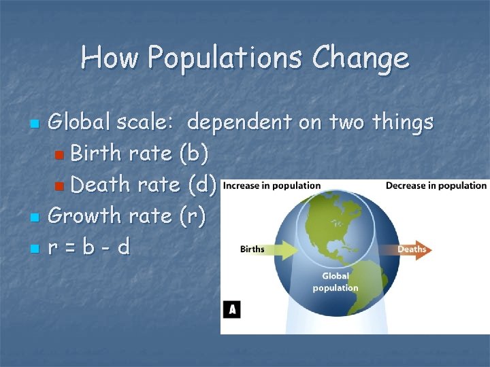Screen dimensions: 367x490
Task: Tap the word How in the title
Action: pyautogui.click(x=109, y=58)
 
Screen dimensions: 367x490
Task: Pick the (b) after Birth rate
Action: pyautogui.click(x=194, y=154)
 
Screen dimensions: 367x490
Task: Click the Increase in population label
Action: pyautogui.click(x=272, y=186)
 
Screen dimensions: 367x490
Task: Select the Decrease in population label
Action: pyautogui.click(x=436, y=186)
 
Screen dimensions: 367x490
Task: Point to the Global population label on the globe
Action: pyautogui.click(x=336, y=282)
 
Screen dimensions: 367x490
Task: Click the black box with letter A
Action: pyautogui.click(x=232, y=310)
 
